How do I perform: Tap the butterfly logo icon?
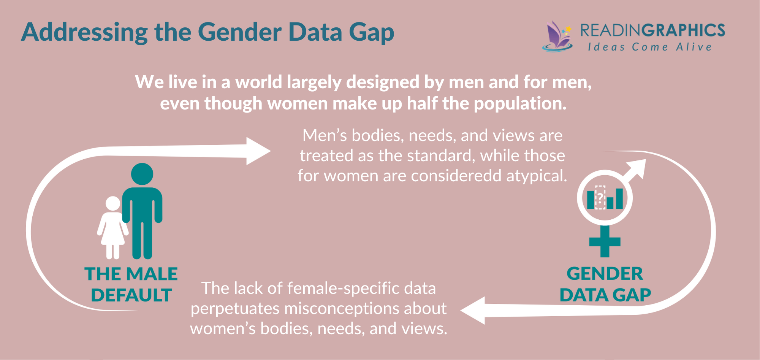point(557,36)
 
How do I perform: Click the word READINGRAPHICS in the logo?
point(652,30)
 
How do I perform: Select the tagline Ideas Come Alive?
point(649,47)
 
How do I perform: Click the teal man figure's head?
point(142,174)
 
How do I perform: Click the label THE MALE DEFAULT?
point(131,284)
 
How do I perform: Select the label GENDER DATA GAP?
point(605,284)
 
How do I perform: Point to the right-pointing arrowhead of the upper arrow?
point(258,151)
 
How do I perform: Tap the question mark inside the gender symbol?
point(600,198)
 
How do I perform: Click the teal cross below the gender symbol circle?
point(605,242)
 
